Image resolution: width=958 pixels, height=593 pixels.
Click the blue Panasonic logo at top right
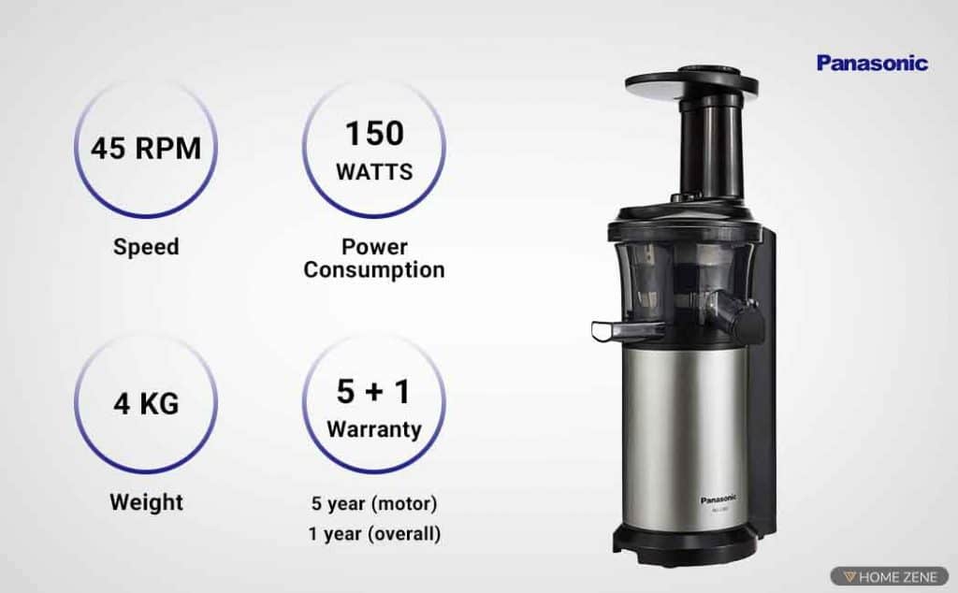pos(872,63)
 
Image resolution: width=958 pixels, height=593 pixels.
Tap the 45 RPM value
pos(146,149)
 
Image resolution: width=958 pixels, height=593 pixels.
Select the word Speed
pos(146,247)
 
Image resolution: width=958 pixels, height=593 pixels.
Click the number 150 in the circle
pos(374,134)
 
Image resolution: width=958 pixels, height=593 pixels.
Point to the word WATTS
pos(374,173)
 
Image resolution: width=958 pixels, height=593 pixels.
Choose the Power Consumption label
pos(374,259)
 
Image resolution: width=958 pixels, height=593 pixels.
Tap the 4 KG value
pos(146,405)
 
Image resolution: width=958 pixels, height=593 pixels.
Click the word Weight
pos(146,501)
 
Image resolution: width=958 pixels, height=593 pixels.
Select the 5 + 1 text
pos(374,392)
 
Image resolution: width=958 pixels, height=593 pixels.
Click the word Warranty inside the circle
pos(374,430)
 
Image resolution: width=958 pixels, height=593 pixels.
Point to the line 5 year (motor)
pos(374,503)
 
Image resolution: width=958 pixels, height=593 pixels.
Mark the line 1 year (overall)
pos(374,533)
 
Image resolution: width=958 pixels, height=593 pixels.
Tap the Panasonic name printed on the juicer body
pos(718,499)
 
